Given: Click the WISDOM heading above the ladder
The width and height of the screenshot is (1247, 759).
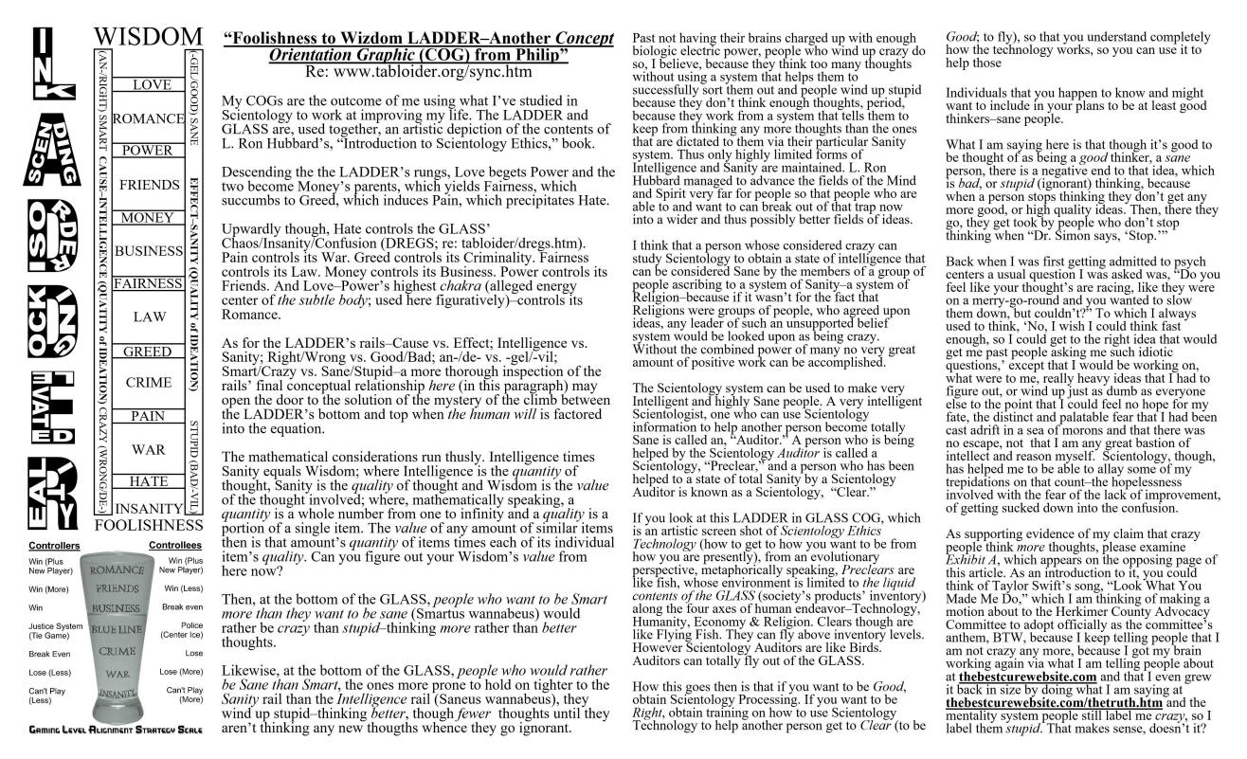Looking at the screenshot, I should [149, 37].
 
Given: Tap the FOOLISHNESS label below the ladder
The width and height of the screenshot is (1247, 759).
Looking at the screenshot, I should [149, 524].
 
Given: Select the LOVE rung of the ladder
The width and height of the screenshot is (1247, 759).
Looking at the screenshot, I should [152, 85].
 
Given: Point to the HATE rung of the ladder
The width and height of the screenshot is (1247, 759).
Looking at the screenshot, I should [148, 481].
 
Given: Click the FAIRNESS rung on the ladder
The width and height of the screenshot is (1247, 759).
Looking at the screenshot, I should [148, 283].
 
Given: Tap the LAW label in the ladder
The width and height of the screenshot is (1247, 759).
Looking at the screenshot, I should [149, 316].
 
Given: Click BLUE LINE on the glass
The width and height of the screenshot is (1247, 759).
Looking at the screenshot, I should [117, 629].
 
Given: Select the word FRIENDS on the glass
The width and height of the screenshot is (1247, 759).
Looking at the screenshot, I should [117, 588].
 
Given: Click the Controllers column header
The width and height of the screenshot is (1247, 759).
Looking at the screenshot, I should [55, 546].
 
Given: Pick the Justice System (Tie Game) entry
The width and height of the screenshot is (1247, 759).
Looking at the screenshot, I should [55, 631].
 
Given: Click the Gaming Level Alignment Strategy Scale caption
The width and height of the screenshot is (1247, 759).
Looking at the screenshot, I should [117, 731].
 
